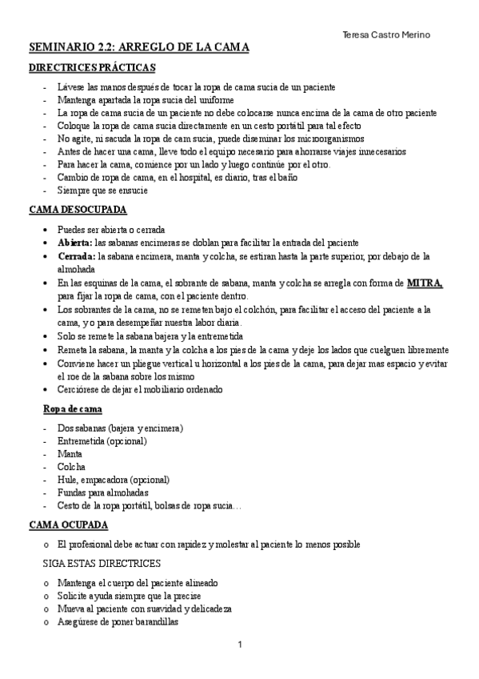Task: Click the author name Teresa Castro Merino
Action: (385, 34)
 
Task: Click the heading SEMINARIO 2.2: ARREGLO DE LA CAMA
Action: (138, 49)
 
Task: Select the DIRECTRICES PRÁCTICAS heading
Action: (92, 70)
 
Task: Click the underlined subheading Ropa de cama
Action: (71, 408)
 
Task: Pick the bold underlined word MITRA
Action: (424, 283)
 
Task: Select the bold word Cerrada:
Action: (76, 256)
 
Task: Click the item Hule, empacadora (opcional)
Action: (113, 479)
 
